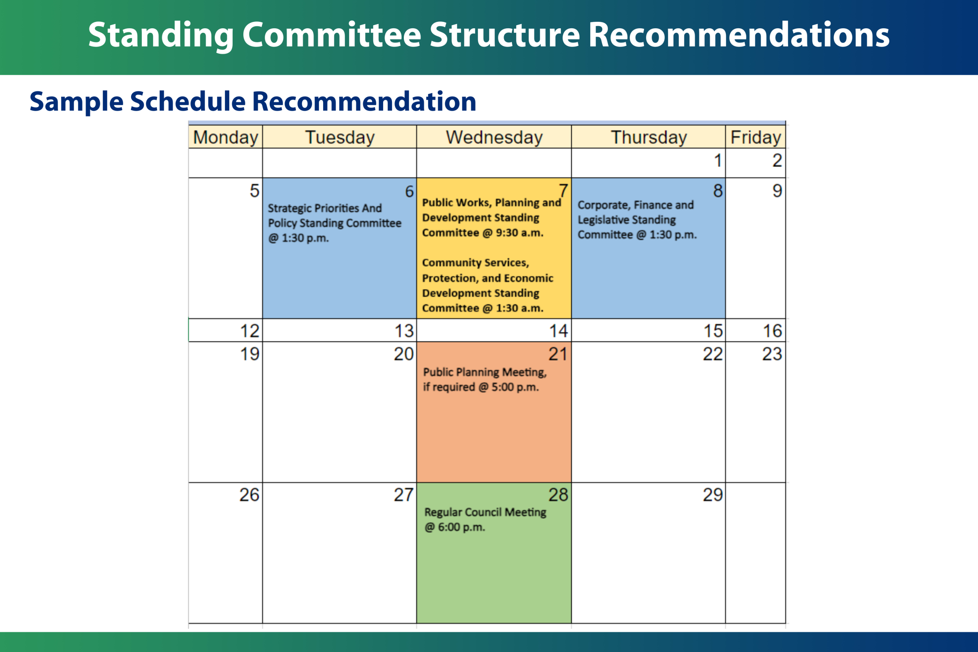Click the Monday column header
(225, 137)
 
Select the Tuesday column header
(340, 137)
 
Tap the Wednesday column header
(494, 137)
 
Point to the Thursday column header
(649, 137)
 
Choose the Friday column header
(756, 137)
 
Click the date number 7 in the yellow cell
(563, 191)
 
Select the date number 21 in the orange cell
(558, 354)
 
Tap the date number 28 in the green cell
(558, 494)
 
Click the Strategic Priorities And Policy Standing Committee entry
(334, 223)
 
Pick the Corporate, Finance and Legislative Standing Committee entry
(637, 220)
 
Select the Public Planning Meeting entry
(485, 379)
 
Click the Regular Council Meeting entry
(485, 519)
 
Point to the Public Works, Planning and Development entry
(492, 217)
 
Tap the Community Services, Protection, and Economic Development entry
(487, 285)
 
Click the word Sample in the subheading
(76, 102)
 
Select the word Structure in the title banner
(504, 35)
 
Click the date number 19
(249, 354)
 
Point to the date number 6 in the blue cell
(409, 191)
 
